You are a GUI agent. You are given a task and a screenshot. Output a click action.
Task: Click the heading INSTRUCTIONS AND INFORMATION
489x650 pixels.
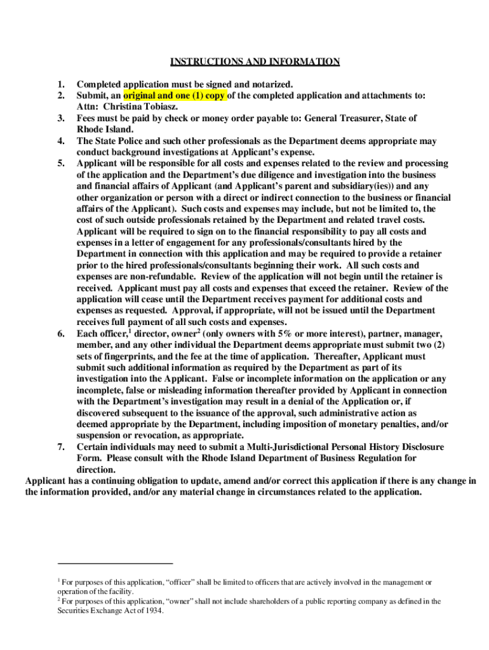tap(255, 62)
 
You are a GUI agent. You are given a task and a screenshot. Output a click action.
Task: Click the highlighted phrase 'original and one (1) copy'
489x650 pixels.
tap(174, 96)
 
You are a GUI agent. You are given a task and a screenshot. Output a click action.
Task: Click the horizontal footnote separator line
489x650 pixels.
tap(115, 562)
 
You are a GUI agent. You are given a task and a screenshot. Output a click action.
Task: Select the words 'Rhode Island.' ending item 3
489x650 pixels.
tap(105, 129)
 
